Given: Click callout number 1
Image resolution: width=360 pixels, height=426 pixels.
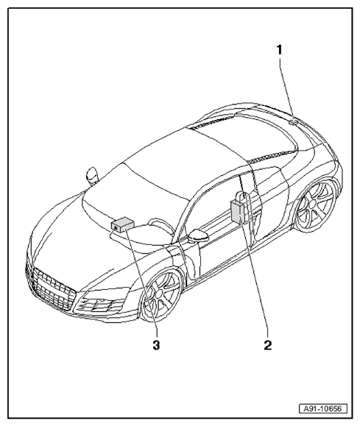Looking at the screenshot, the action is tap(280, 50).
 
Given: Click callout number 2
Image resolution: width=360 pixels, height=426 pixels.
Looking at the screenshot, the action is tap(268, 345).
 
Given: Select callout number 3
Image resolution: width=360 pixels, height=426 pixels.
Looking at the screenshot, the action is tap(156, 345).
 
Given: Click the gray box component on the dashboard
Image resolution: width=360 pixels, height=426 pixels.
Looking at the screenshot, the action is tap(122, 224).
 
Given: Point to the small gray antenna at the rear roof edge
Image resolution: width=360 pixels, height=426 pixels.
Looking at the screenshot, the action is tap(292, 121).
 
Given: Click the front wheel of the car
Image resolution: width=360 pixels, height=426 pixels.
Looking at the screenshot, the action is tap(161, 294).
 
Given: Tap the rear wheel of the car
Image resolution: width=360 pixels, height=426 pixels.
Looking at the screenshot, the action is tap(316, 206).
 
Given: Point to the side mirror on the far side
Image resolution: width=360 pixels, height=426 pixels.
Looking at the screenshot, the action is tap(91, 176).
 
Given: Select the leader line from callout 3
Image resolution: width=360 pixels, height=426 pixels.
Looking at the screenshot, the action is tap(141, 279).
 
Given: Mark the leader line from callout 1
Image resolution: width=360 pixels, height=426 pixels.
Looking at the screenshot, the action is tap(286, 89).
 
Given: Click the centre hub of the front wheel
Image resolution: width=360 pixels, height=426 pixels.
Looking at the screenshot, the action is tap(158, 294).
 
